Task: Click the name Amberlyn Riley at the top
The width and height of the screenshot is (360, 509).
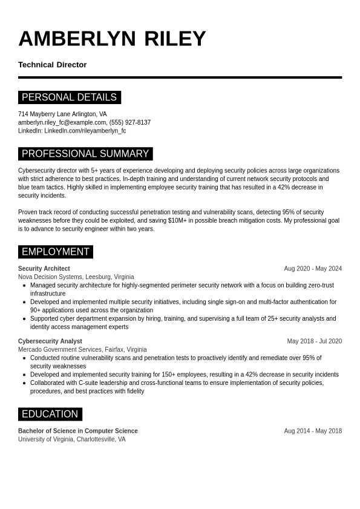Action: click(112, 39)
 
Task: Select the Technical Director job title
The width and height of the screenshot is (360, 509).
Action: click(53, 65)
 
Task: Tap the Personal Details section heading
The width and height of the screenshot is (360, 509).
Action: click(69, 97)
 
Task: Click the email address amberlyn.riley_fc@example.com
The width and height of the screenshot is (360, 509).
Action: click(62, 122)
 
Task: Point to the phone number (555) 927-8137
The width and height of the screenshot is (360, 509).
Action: click(130, 122)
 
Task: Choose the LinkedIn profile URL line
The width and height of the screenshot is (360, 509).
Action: click(72, 131)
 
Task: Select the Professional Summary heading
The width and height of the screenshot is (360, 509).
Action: click(85, 154)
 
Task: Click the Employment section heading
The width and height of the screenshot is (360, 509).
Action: click(56, 252)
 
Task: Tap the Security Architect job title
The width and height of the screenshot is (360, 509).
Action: click(44, 269)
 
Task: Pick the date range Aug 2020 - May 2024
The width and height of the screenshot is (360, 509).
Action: click(313, 269)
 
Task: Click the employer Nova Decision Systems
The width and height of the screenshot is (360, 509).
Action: click(51, 277)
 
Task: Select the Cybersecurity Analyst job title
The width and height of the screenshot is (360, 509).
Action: click(50, 341)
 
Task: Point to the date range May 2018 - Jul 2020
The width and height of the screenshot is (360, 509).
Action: click(314, 341)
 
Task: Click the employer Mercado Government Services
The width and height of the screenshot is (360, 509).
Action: click(60, 350)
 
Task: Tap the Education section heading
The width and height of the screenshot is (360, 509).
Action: click(50, 414)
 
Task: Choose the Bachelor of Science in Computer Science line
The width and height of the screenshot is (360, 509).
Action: click(78, 431)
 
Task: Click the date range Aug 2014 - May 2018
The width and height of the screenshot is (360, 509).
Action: click(313, 431)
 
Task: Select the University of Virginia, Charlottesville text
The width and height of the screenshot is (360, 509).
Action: click(71, 439)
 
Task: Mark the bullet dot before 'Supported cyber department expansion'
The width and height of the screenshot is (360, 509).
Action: click(24, 318)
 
